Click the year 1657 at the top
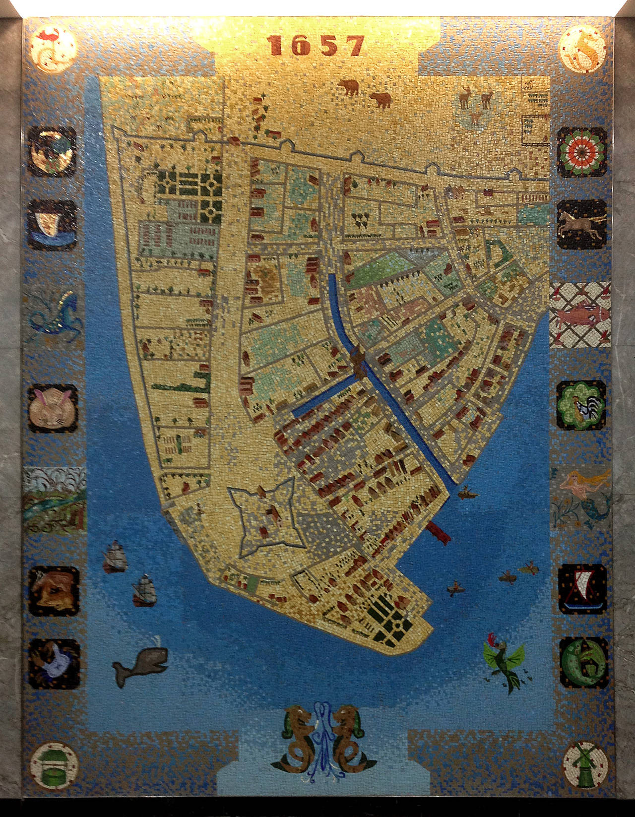coord(317,46)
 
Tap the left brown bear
coord(349,88)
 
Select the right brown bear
coord(381,100)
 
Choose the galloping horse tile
coord(581,224)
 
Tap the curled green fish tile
coord(583,663)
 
